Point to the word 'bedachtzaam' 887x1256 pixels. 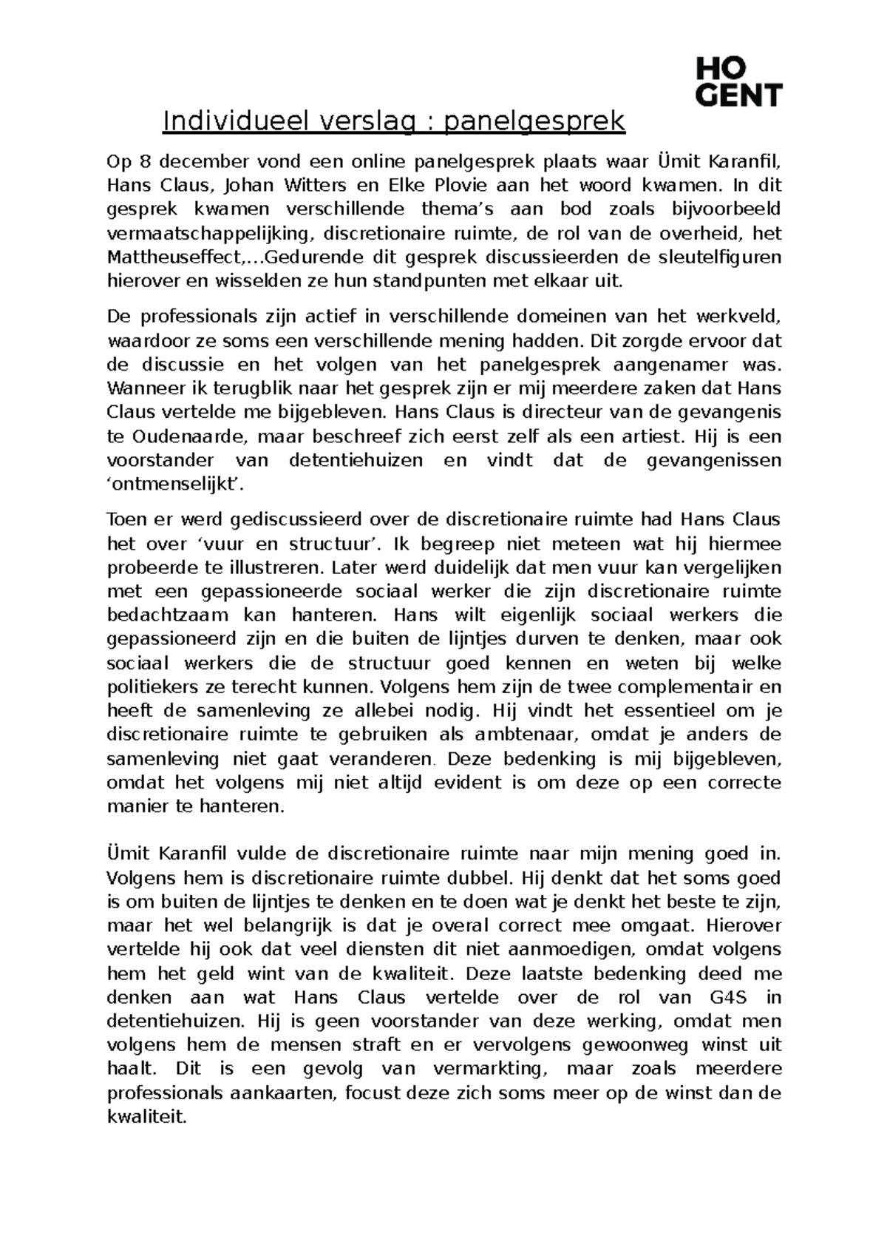pos(166,615)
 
